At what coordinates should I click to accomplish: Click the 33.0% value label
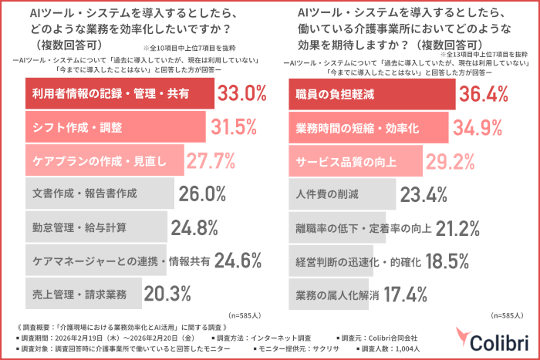click(241, 94)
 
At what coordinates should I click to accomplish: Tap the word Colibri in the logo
click(504, 341)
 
